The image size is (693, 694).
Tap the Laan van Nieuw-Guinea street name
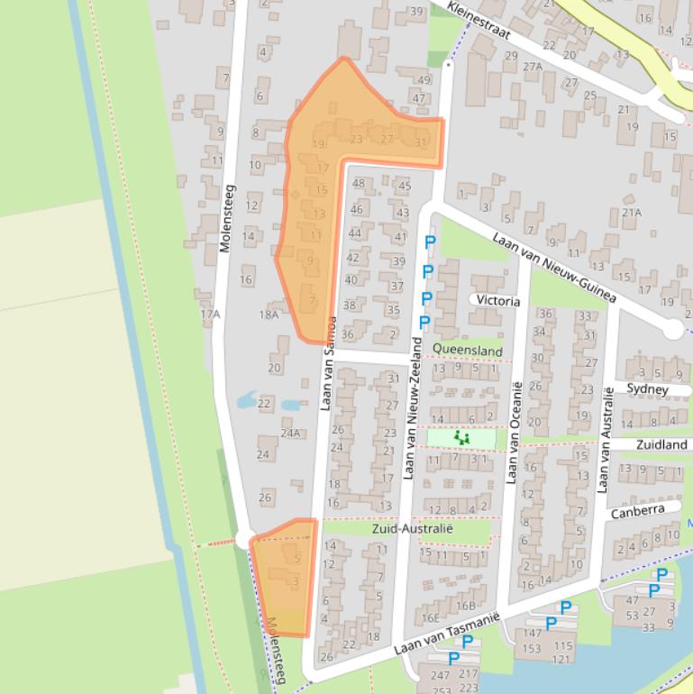coord(553,268)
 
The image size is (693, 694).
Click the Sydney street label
coord(647,389)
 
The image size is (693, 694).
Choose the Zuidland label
coord(661,445)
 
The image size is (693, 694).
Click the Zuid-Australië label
coord(412,528)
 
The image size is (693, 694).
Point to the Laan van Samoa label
coord(328,363)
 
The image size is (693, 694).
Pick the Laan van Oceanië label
coord(515,433)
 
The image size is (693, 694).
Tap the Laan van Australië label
coord(606,439)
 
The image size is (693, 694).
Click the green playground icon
coord(461,439)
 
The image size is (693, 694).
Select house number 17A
coord(210,315)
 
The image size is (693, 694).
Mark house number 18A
coord(269,315)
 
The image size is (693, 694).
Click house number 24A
coord(290,434)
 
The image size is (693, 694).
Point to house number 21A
coord(631,213)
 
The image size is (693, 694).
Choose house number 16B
coord(465,606)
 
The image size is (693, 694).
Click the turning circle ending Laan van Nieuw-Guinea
coord(673,329)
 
